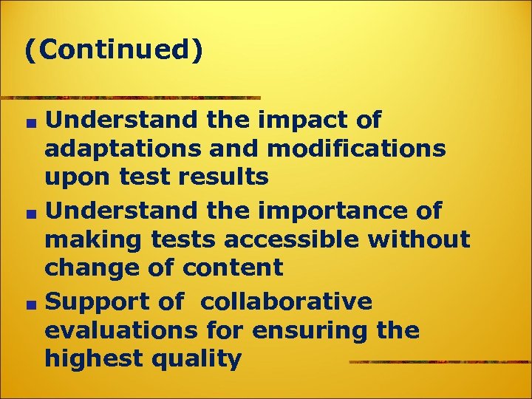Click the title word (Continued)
pyautogui.click(x=113, y=51)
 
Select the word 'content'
pyautogui.click(x=239, y=268)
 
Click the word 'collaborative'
pyautogui.click(x=287, y=301)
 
